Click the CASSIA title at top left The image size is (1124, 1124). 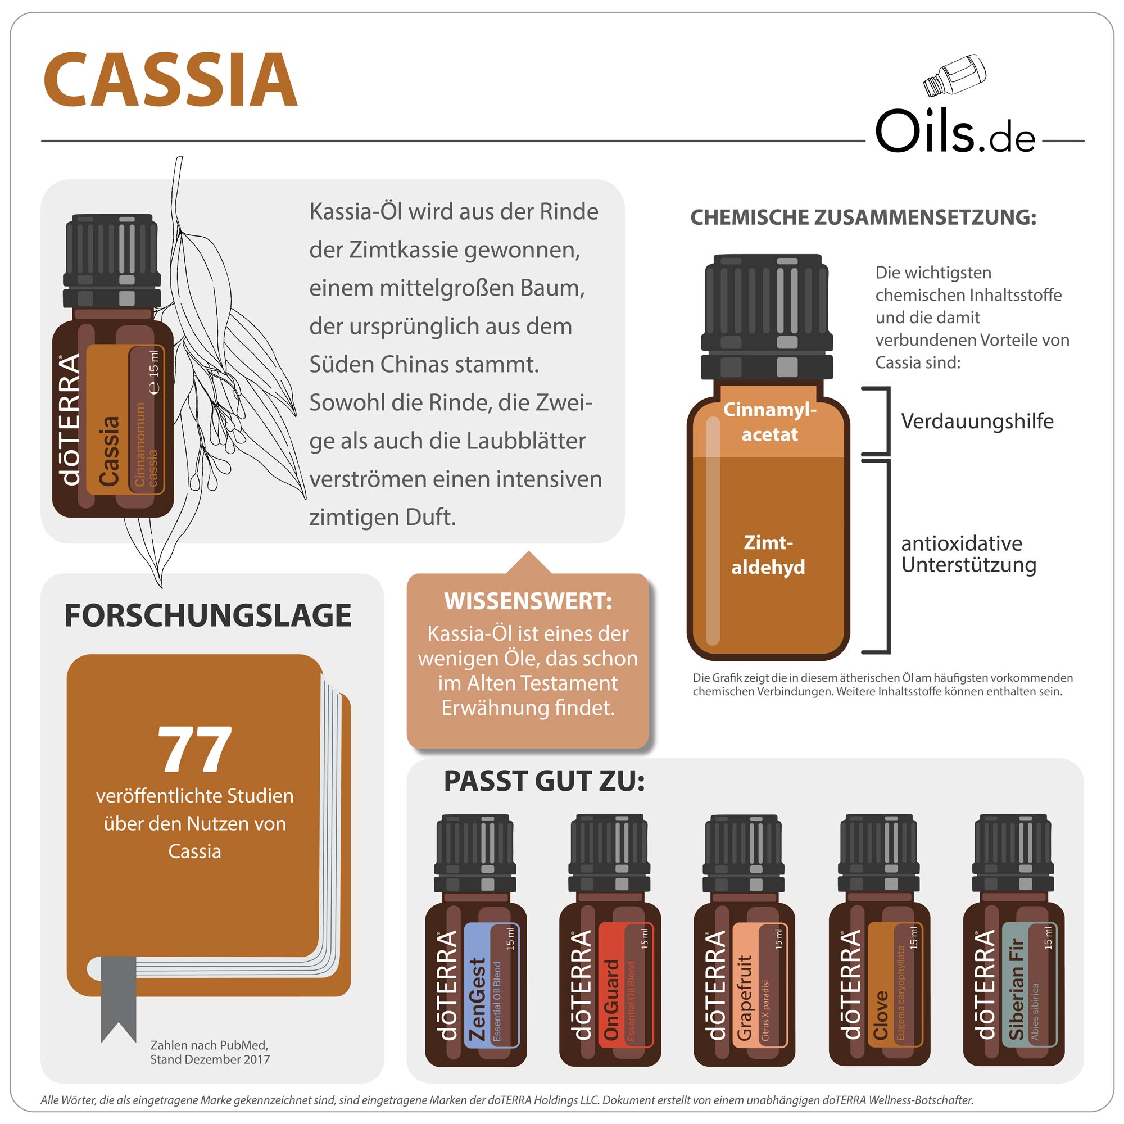click(x=170, y=79)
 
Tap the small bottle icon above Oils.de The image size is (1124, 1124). click(x=955, y=76)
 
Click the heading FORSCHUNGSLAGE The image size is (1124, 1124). click(x=208, y=615)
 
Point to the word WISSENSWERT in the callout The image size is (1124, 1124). click(x=528, y=601)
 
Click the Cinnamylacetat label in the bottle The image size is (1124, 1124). click(x=769, y=422)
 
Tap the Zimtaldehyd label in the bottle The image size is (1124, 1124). click(x=768, y=555)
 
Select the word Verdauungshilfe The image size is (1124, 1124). click(x=977, y=420)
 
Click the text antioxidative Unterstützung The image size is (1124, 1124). click(x=968, y=554)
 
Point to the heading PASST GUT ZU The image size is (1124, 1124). click(x=544, y=781)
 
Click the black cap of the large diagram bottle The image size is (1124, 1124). click(x=767, y=317)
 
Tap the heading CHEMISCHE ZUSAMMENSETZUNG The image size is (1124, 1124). click(x=863, y=217)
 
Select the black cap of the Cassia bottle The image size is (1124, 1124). click(x=112, y=260)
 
